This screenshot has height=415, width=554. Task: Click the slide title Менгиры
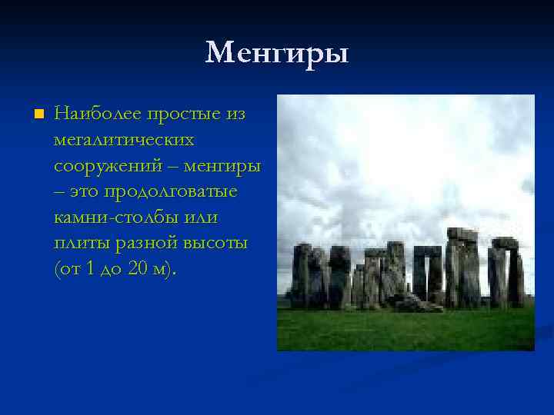tap(277, 53)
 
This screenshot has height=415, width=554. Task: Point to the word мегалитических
tap(124, 141)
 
